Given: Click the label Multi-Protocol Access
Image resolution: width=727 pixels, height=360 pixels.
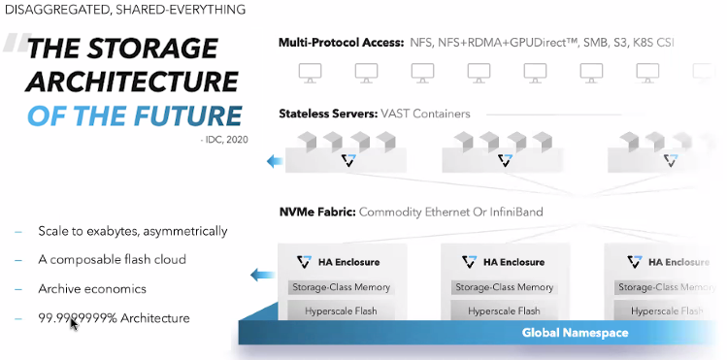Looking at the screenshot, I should click(x=341, y=43).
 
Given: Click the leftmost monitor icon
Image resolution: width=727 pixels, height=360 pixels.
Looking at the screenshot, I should click(x=311, y=72).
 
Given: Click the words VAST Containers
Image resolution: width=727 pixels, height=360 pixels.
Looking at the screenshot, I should click(x=433, y=114).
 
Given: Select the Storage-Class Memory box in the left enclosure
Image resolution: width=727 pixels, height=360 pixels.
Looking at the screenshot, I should click(x=339, y=287).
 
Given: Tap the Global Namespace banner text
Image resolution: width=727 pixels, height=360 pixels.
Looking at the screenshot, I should click(x=575, y=333).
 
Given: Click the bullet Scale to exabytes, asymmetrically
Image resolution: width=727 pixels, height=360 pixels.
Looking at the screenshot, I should click(x=133, y=231).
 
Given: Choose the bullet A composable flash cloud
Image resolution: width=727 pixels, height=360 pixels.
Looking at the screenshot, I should click(x=112, y=259).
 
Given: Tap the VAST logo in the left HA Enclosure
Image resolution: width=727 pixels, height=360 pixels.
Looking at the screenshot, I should click(x=304, y=262).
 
